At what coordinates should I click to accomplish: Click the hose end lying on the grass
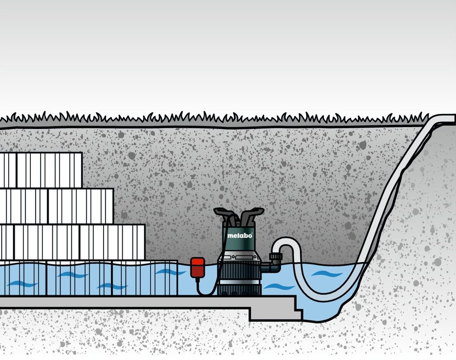pyautogui.click(x=446, y=118)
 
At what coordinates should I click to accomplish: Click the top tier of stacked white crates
pyautogui.click(x=41, y=170)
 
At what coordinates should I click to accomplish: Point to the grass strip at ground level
pyautogui.click(x=213, y=119)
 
